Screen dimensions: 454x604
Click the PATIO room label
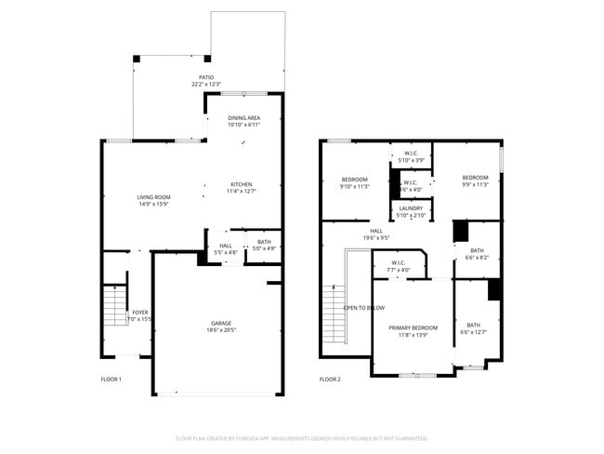coord(206,81)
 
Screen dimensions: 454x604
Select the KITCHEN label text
coord(242,187)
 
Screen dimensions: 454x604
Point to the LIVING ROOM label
coord(153,200)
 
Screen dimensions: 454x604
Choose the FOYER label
coord(140,315)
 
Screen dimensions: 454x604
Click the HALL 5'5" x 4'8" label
coord(226,248)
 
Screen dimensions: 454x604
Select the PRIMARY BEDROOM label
coord(413,330)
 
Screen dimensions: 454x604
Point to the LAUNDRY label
coord(411,211)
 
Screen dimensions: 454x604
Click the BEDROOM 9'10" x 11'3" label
coord(355,182)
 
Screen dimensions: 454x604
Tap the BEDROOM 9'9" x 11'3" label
coord(475,180)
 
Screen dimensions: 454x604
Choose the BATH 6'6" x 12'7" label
coord(474,328)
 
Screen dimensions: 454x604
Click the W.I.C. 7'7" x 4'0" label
coord(399,266)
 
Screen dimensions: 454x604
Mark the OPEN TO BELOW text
coord(364,308)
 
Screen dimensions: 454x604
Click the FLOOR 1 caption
coord(111,380)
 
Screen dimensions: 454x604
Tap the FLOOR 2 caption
coord(330,380)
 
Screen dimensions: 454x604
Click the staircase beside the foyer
coord(113,306)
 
